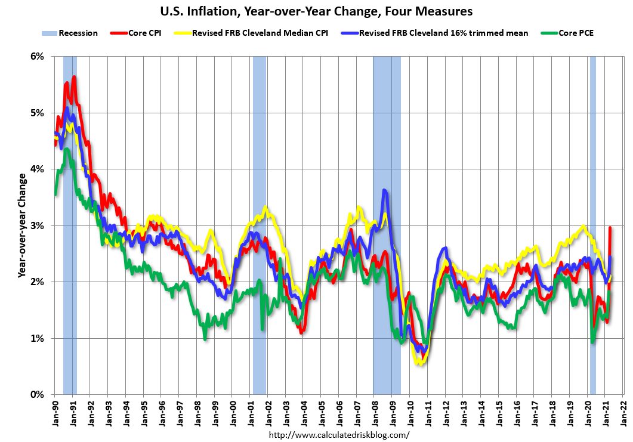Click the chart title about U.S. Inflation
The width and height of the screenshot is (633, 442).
[316, 11]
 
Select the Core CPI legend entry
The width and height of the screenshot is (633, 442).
[144, 33]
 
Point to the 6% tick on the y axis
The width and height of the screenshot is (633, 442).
[37, 57]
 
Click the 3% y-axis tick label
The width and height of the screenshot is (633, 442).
[37, 225]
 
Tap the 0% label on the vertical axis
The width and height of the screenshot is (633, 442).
[37, 394]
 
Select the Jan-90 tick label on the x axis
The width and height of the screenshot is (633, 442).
[55, 412]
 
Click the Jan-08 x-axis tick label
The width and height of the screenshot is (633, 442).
[374, 412]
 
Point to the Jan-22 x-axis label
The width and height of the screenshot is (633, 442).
[623, 412]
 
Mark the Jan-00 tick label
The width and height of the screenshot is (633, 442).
[232, 412]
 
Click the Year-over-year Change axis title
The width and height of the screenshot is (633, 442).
[21, 225]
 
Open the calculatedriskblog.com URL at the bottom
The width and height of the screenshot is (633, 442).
[339, 435]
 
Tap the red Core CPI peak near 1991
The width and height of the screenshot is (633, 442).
[74, 77]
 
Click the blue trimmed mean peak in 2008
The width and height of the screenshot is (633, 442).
[385, 191]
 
